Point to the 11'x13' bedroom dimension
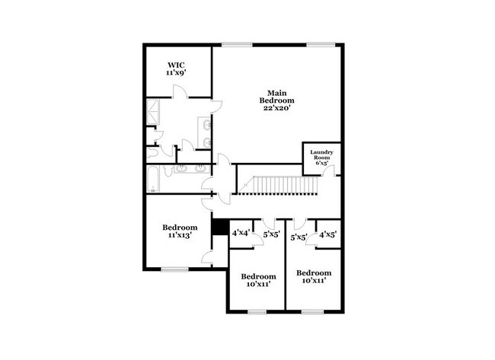pyautogui.click(x=180, y=236)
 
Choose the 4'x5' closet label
pyautogui.click(x=328, y=235)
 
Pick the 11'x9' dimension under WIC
pyautogui.click(x=177, y=74)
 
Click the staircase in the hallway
pyautogui.click(x=273, y=184)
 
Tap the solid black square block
pyautogui.click(x=219, y=227)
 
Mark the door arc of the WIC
pyautogui.click(x=178, y=91)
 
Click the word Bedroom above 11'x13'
pyautogui.click(x=180, y=228)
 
